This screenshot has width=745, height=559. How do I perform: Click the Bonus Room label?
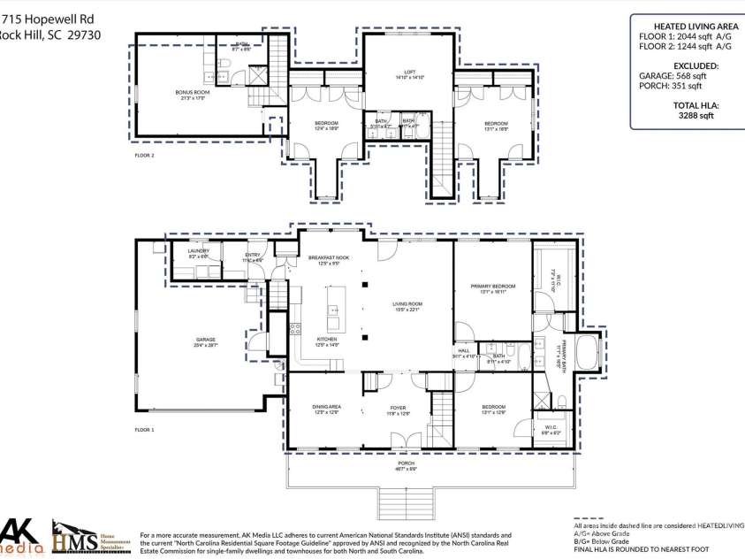coord(191,92)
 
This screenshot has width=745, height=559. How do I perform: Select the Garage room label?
coord(206,341)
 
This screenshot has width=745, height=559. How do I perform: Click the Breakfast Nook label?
coord(329,257)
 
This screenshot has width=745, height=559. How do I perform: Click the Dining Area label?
coord(326,408)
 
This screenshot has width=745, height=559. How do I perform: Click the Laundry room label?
coord(198,252)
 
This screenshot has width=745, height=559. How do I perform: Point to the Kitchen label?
coord(328,340)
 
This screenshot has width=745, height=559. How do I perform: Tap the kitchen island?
coord(334,310)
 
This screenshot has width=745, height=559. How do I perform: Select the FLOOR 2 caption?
coord(144,156)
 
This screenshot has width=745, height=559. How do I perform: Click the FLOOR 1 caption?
coord(144,430)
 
